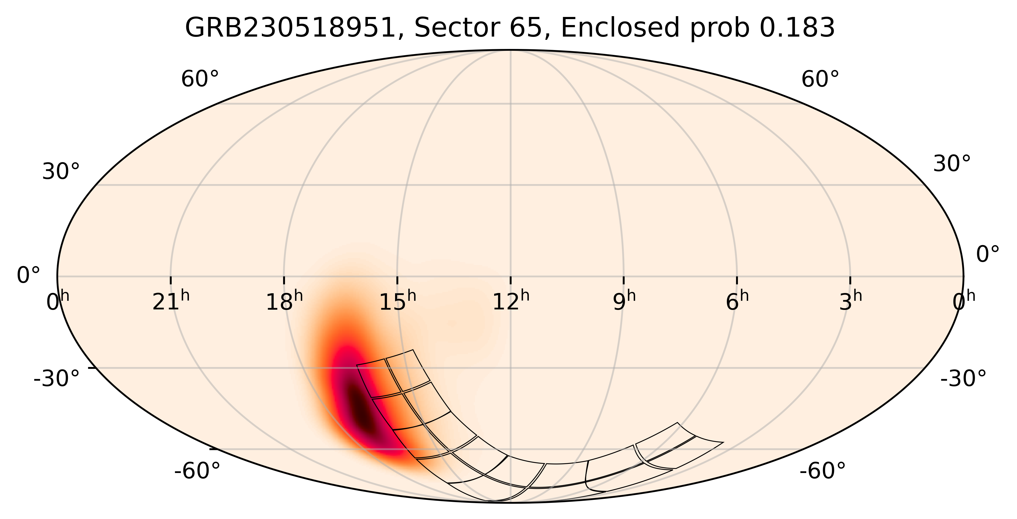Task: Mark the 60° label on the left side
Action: pos(200,80)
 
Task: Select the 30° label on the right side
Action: pos(951,164)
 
